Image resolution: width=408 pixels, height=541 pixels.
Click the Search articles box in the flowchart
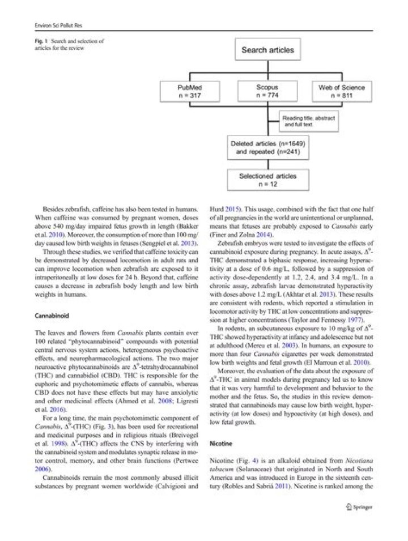point(267,50)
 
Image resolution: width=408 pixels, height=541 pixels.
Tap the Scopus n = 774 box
point(267,92)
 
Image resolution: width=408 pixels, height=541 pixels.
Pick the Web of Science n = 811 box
point(342,92)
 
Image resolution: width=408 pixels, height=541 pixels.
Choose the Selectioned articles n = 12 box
point(267,180)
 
